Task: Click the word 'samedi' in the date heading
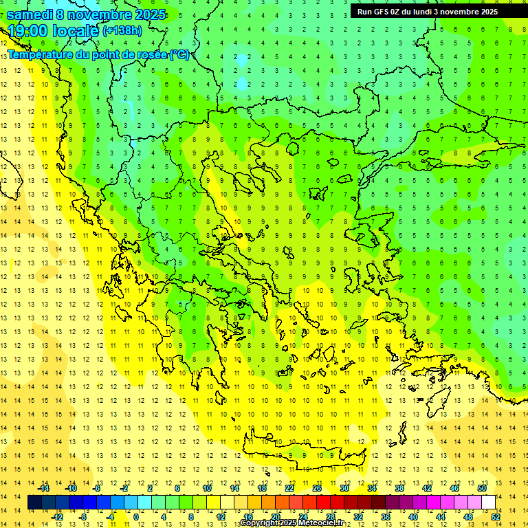(x=30, y=14)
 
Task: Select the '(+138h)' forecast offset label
(x=122, y=30)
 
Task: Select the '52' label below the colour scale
(x=496, y=517)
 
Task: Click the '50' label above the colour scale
(x=482, y=488)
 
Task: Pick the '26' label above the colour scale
(x=317, y=488)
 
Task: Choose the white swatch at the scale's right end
(x=488, y=503)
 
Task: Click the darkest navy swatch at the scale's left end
(x=35, y=503)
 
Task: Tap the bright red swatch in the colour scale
(x=324, y=503)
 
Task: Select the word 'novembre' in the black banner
(x=463, y=12)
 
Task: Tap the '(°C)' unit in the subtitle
(x=180, y=55)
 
